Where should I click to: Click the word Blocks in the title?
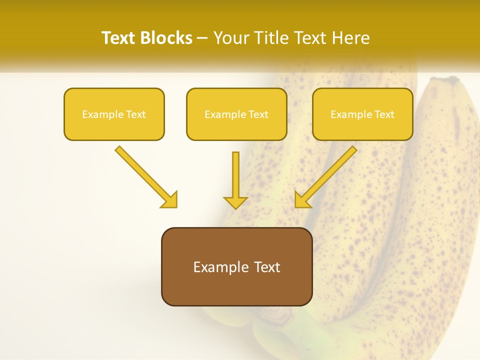(167, 38)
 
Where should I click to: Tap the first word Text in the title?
(119, 38)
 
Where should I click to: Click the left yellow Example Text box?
(114, 114)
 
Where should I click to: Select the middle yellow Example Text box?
(236, 114)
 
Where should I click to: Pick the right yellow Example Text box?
(362, 114)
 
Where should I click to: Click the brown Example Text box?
(236, 266)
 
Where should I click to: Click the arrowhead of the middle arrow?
(235, 202)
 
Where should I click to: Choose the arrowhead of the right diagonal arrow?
(302, 200)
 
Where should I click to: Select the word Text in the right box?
(384, 114)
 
